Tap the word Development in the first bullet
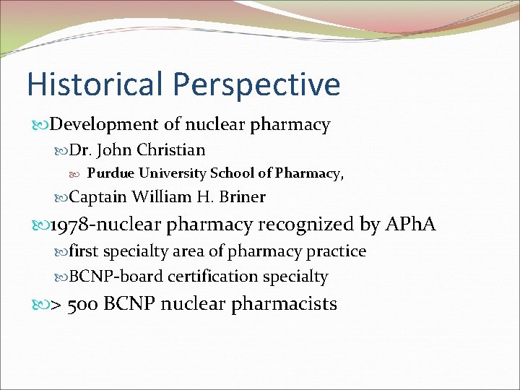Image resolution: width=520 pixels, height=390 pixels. point(95,125)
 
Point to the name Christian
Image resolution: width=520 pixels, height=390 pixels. point(171,150)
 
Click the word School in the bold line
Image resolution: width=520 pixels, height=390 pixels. point(231,173)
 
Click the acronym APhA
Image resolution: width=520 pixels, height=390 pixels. point(411,225)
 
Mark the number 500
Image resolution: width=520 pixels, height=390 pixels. point(83,304)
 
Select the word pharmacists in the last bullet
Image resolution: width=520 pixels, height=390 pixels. point(285,304)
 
